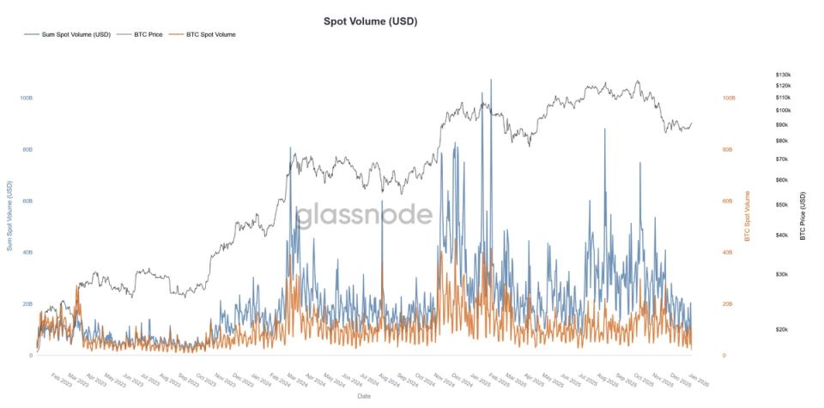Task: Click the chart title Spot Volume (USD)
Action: coord(370,21)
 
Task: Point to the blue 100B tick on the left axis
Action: coord(25,99)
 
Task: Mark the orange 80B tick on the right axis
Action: coord(728,150)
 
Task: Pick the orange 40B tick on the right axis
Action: coord(728,253)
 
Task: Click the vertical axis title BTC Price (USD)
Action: coord(803,215)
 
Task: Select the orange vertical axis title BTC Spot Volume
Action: coord(747,215)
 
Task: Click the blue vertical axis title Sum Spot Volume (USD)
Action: coord(9,215)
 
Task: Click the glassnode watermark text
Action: coord(364,214)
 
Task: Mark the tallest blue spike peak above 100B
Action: coord(491,80)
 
